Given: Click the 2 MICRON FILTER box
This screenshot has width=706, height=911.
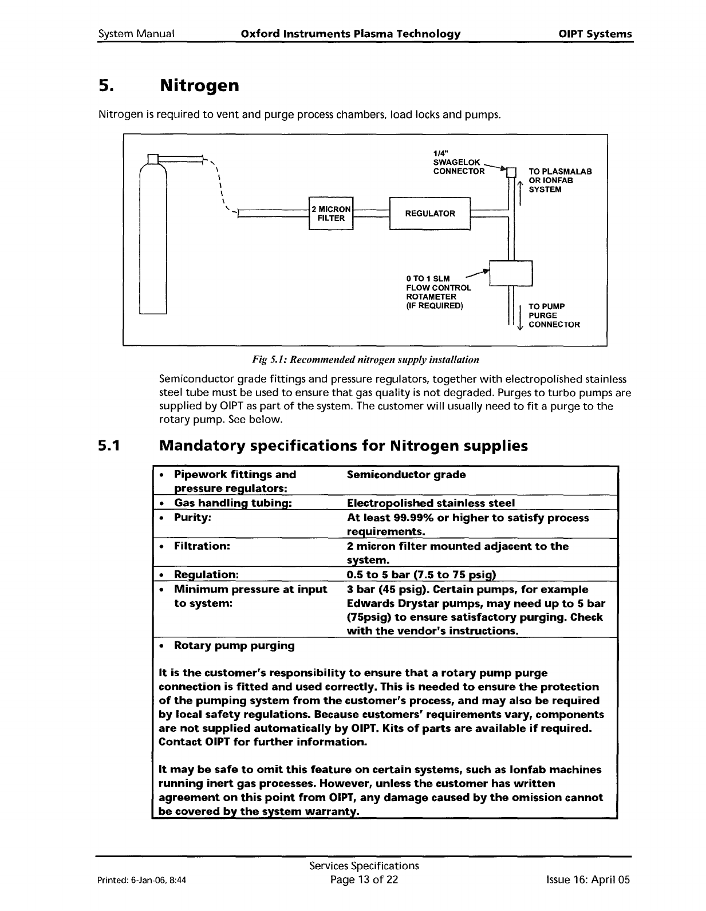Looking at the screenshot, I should tap(331, 214).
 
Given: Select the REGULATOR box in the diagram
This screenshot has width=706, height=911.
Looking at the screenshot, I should tap(429, 214).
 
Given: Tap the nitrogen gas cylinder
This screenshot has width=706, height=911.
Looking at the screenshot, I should tap(153, 240).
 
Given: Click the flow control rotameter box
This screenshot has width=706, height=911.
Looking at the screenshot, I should tap(511, 273).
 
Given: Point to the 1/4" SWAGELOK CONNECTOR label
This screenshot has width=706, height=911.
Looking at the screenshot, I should tap(459, 162).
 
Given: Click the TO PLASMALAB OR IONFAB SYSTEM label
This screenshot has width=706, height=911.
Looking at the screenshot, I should tap(559, 180).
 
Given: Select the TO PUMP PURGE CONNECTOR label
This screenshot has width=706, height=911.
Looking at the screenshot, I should tap(554, 316).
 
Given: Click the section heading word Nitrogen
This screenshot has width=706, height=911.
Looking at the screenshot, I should tap(199, 86).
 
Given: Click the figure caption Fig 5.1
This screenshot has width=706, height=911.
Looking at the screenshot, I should tap(365, 360).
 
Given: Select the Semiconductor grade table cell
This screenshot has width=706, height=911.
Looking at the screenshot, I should tap(407, 475).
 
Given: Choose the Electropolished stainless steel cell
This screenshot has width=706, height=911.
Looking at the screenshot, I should tap(431, 503).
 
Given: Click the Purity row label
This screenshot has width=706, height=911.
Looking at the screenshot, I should tap(192, 518).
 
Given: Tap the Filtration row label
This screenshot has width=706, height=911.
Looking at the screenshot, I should tap(202, 546).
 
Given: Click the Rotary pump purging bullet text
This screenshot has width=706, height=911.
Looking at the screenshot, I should tap(234, 645).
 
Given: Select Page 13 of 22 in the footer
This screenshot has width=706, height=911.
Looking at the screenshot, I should tap(364, 880).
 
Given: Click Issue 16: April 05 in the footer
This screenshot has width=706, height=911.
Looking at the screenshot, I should tap(588, 880).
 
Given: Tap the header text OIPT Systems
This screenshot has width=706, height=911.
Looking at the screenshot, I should tap(595, 34).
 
